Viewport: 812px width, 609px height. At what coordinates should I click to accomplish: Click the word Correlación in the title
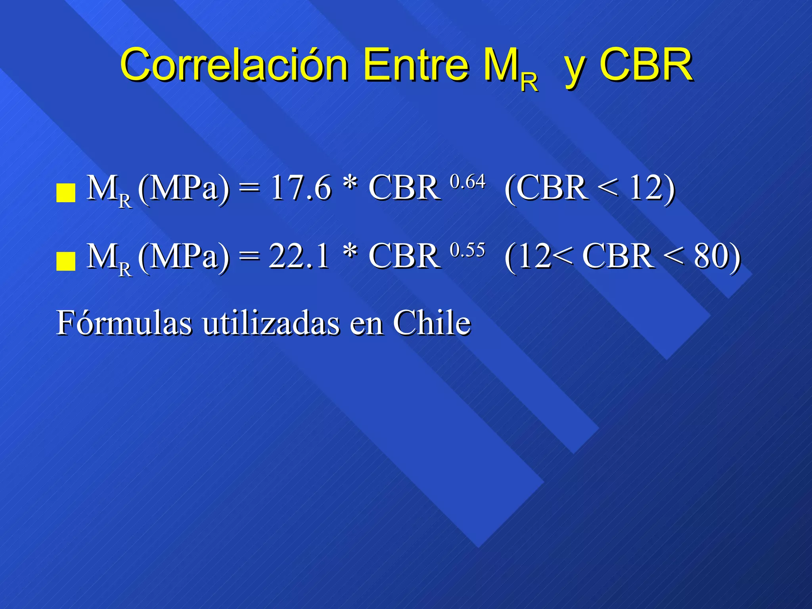[234, 64]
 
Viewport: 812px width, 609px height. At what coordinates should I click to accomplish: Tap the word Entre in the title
[416, 64]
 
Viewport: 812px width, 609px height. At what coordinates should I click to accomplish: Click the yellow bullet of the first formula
[66, 193]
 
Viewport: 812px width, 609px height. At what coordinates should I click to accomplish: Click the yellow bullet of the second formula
[66, 261]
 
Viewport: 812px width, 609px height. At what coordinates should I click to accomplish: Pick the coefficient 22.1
[299, 256]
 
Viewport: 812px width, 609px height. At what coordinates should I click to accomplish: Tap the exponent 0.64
[467, 182]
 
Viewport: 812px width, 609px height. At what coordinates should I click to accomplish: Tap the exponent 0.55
[467, 250]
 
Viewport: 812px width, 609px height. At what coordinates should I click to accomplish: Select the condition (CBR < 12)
[590, 188]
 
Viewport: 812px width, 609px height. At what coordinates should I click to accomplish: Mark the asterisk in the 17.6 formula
[350, 185]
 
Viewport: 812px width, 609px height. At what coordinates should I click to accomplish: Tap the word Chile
[432, 323]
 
